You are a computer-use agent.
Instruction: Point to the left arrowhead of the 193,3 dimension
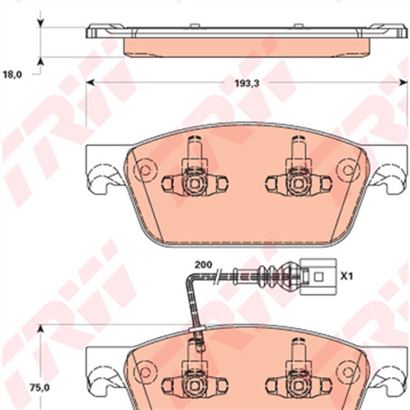click(91, 82)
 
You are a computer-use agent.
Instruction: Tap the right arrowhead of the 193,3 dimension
click(396, 82)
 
